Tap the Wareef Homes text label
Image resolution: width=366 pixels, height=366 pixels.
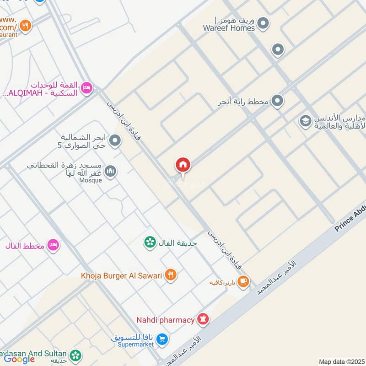229,28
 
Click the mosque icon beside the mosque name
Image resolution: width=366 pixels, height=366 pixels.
110,172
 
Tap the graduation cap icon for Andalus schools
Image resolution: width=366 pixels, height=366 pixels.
305,121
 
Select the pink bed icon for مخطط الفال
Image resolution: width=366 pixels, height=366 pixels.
53,245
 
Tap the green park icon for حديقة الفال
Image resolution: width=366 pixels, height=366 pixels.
149,242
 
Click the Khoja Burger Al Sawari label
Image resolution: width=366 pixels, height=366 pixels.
122,275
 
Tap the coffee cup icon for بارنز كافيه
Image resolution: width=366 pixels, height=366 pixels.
243,281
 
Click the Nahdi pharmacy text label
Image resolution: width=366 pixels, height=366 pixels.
165,320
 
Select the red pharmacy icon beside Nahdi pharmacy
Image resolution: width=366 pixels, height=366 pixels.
203,319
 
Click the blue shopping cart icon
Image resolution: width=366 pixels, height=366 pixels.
161,339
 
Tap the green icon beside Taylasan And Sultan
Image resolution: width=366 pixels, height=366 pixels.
75,355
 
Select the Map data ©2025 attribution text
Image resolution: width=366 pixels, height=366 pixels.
341,361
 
